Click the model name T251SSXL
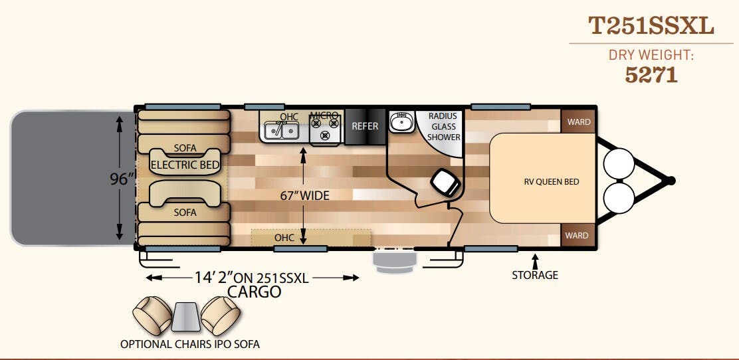tap(651, 26)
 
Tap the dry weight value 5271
tap(651, 74)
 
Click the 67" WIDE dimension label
tap(304, 195)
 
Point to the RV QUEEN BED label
tap(552, 182)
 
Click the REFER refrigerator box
tap(366, 126)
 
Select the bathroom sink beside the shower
tap(401, 122)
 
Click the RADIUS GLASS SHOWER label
tap(443, 127)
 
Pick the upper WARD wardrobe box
tap(578, 122)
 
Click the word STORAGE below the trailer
tap(535, 275)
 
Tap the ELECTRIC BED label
tap(185, 165)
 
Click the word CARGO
tap(254, 292)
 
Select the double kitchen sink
tap(282, 130)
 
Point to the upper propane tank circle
tap(619, 163)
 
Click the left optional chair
tap(152, 315)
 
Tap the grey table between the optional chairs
tap(186, 315)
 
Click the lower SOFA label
tap(185, 213)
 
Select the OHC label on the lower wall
tap(284, 238)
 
